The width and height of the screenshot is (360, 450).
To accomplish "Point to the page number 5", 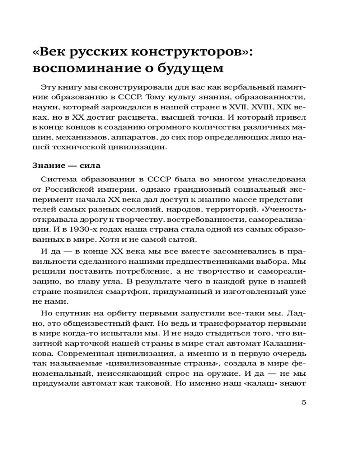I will (304, 402).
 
